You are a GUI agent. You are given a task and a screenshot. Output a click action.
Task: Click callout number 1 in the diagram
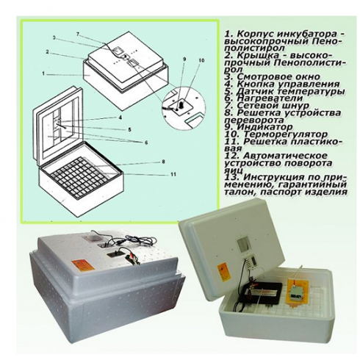[43, 74]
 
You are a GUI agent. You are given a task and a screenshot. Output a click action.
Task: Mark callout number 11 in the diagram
[173, 174]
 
